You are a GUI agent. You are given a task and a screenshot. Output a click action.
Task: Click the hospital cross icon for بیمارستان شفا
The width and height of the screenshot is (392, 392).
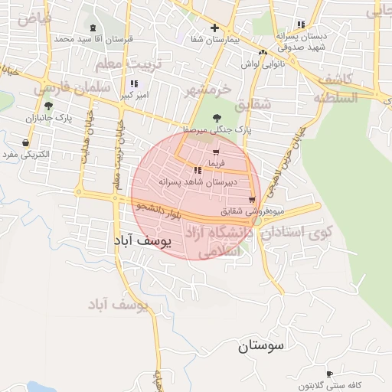point(215,28)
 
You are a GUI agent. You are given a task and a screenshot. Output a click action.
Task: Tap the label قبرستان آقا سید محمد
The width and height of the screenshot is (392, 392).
point(93,38)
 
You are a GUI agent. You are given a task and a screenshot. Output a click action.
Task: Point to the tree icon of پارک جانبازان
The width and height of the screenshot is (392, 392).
point(49,106)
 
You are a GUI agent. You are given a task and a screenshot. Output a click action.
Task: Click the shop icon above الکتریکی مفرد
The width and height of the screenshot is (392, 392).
point(27,142)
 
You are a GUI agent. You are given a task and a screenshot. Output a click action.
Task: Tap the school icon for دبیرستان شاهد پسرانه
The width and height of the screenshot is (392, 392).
point(198,170)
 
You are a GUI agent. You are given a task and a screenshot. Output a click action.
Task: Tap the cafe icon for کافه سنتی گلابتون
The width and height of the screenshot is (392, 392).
point(330,374)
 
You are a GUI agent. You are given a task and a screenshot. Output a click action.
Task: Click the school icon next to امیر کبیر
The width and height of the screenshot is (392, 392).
point(135,83)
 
